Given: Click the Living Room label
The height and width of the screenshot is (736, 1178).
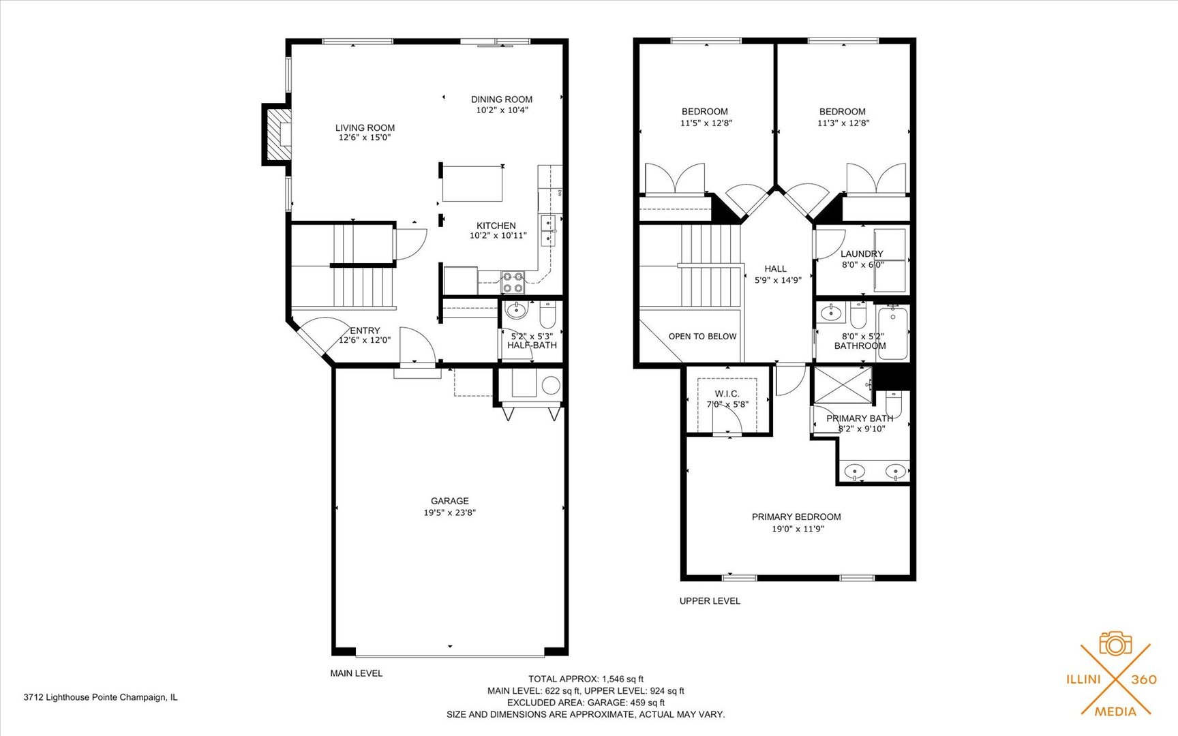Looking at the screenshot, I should click(x=365, y=127).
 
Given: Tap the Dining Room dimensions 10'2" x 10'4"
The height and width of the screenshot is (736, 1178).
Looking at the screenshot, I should click(x=502, y=110).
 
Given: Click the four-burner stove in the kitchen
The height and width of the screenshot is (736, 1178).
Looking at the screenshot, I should click(x=513, y=281).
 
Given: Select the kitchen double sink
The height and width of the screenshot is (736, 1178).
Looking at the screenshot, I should click(x=547, y=230).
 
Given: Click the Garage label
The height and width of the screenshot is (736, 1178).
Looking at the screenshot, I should click(x=449, y=501).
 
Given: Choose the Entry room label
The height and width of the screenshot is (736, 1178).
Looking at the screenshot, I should click(x=365, y=331).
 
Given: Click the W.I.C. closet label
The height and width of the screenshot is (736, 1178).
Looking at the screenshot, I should click(x=727, y=394).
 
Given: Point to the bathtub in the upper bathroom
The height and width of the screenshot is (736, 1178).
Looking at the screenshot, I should click(x=893, y=332).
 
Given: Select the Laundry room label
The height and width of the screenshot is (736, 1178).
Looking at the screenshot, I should click(x=862, y=254).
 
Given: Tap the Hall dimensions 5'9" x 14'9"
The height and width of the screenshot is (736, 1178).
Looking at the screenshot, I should click(x=777, y=280).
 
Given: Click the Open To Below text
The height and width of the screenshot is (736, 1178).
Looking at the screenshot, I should click(x=702, y=336).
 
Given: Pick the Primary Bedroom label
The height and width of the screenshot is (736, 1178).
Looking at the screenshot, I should click(x=796, y=517).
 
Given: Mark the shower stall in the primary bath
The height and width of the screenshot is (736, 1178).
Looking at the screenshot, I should click(x=843, y=386).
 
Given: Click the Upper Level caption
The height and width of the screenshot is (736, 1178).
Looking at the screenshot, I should click(x=710, y=600).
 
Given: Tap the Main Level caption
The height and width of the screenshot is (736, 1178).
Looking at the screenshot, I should click(x=356, y=673).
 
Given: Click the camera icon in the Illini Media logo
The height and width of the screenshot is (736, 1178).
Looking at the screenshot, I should click(x=1115, y=643).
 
